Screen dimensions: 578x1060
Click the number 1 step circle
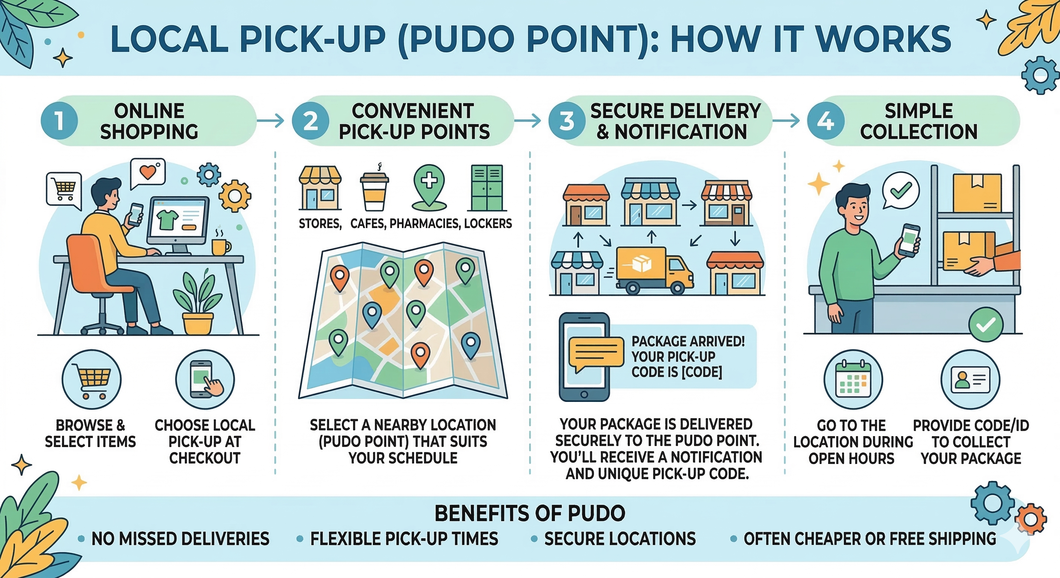pyautogui.click(x=59, y=121)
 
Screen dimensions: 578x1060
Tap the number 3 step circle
pyautogui.click(x=567, y=121)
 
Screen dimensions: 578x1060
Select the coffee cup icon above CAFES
pyautogui.click(x=374, y=191)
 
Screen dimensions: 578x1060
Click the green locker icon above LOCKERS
pyautogui.click(x=487, y=188)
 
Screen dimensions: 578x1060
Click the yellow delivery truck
pyautogui.click(x=653, y=270)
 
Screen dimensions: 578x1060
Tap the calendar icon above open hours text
pyautogui.click(x=853, y=379)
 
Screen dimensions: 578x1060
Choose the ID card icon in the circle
pyautogui.click(x=970, y=379)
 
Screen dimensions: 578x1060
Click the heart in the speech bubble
pyautogui.click(x=148, y=172)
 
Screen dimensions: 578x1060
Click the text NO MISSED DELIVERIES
pyautogui.click(x=180, y=538)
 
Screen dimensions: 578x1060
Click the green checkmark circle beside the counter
pyautogui.click(x=985, y=325)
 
